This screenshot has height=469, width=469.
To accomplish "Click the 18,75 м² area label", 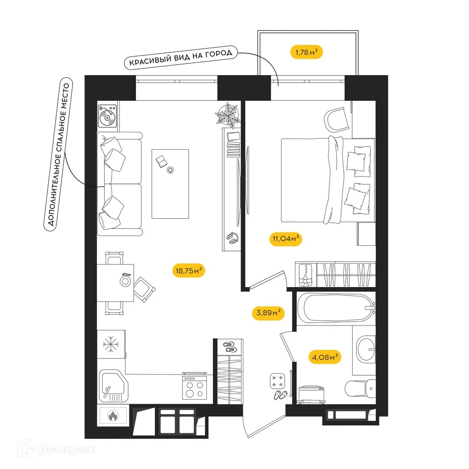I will (189, 271).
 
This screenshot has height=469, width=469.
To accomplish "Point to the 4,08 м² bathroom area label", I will (325, 357).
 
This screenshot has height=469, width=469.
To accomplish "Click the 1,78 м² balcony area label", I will (308, 52).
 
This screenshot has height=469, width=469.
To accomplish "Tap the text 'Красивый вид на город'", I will (181, 58).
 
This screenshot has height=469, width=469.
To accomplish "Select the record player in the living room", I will (108, 115).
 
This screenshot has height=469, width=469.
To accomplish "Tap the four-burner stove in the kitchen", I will (194, 387).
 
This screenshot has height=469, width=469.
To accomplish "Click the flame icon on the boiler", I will (113, 415).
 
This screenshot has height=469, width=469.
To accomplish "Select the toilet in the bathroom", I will (359, 388).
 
